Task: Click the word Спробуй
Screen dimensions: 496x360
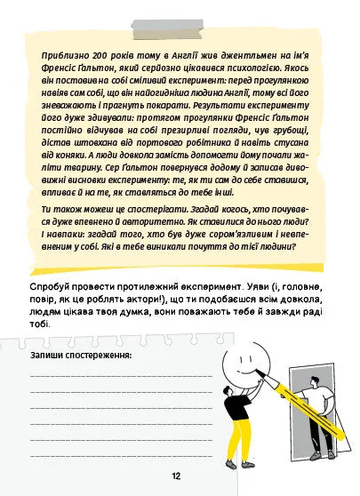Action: [53, 290]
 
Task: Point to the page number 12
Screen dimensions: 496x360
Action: [179, 476]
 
